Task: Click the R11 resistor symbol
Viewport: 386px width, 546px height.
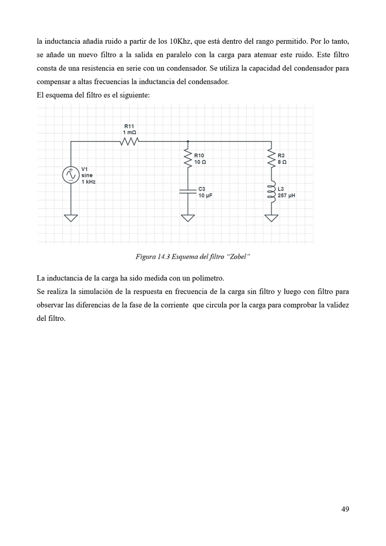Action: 129,141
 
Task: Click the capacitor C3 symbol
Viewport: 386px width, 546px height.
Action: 187,191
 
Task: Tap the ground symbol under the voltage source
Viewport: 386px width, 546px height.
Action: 71,217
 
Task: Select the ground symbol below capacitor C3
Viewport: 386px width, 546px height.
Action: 187,217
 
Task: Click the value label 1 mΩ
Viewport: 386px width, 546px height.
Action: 129,132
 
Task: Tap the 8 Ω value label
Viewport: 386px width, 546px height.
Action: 282,161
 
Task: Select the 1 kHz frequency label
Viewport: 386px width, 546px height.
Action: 88,181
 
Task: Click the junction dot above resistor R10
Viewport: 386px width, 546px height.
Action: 187,141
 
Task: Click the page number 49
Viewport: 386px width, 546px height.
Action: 345,509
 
